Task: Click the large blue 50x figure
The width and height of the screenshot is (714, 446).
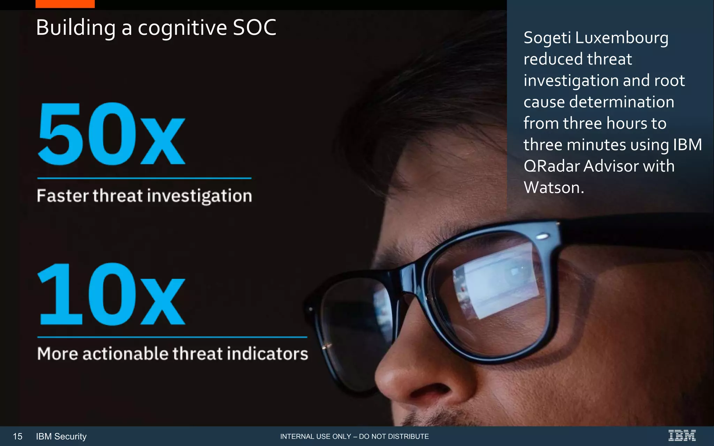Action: tap(111, 134)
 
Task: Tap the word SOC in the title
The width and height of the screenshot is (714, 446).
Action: tap(255, 28)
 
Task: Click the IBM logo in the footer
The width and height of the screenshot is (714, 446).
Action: tap(682, 436)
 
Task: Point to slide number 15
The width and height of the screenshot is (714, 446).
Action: tap(17, 436)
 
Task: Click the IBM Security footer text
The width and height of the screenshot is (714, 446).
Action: tap(61, 436)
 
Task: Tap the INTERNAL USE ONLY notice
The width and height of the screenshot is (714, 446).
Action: tap(354, 436)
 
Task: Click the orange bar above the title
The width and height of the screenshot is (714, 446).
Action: tap(65, 4)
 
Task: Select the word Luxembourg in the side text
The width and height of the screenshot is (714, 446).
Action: tap(622, 38)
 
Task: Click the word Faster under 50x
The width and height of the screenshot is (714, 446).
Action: tap(63, 196)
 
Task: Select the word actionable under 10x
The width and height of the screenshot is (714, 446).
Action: tap(126, 354)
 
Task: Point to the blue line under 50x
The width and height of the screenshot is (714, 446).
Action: tap(144, 178)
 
